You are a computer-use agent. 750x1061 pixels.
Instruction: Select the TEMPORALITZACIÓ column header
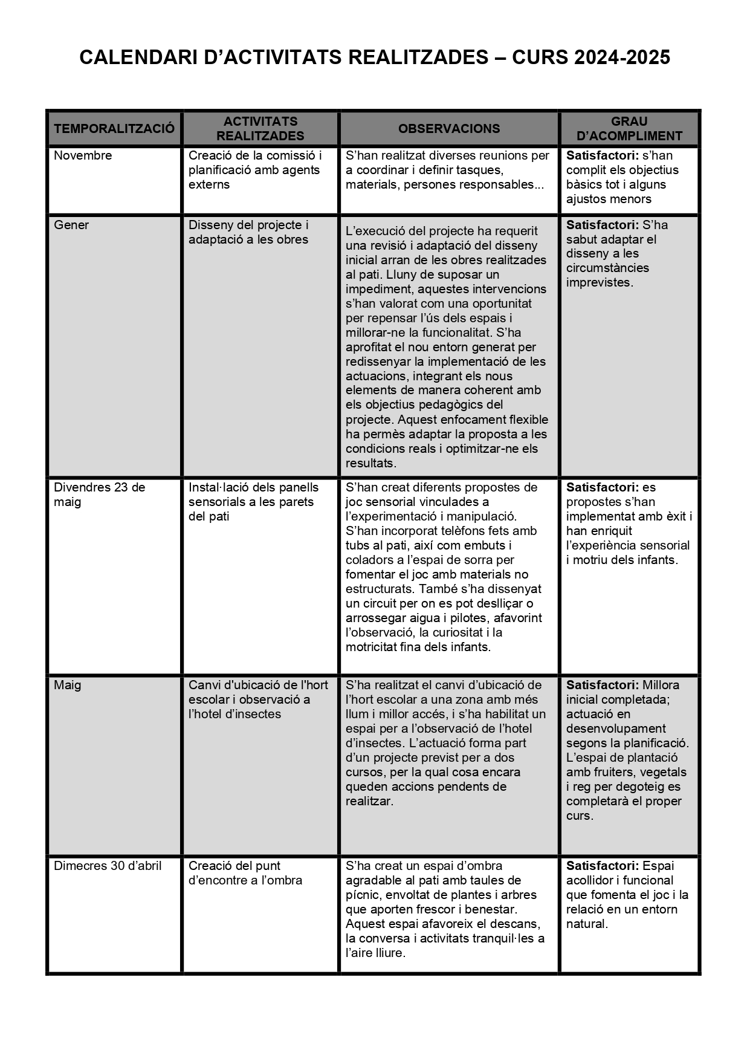[114, 128]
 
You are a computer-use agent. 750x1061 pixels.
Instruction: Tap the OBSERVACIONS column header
[448, 128]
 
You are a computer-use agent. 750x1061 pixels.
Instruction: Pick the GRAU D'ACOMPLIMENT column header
[629, 128]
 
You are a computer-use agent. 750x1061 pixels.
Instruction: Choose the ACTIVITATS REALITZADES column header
[260, 128]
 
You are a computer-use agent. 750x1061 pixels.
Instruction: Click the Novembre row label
[83, 155]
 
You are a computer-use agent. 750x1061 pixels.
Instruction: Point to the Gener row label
[71, 225]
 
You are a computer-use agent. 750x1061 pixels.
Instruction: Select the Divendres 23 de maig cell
[99, 495]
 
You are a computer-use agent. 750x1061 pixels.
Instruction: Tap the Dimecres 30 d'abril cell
[108, 866]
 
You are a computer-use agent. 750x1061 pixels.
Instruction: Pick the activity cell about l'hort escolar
[258, 699]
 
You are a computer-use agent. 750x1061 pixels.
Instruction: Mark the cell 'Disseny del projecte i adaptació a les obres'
[248, 232]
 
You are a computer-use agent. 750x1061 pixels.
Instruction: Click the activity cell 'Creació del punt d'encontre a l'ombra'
[245, 873]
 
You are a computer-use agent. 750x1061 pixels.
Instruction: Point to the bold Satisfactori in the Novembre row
[602, 155]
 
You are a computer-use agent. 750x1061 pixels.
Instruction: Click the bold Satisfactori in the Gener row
[602, 225]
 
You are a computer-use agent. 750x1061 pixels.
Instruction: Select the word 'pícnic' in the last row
[362, 895]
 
